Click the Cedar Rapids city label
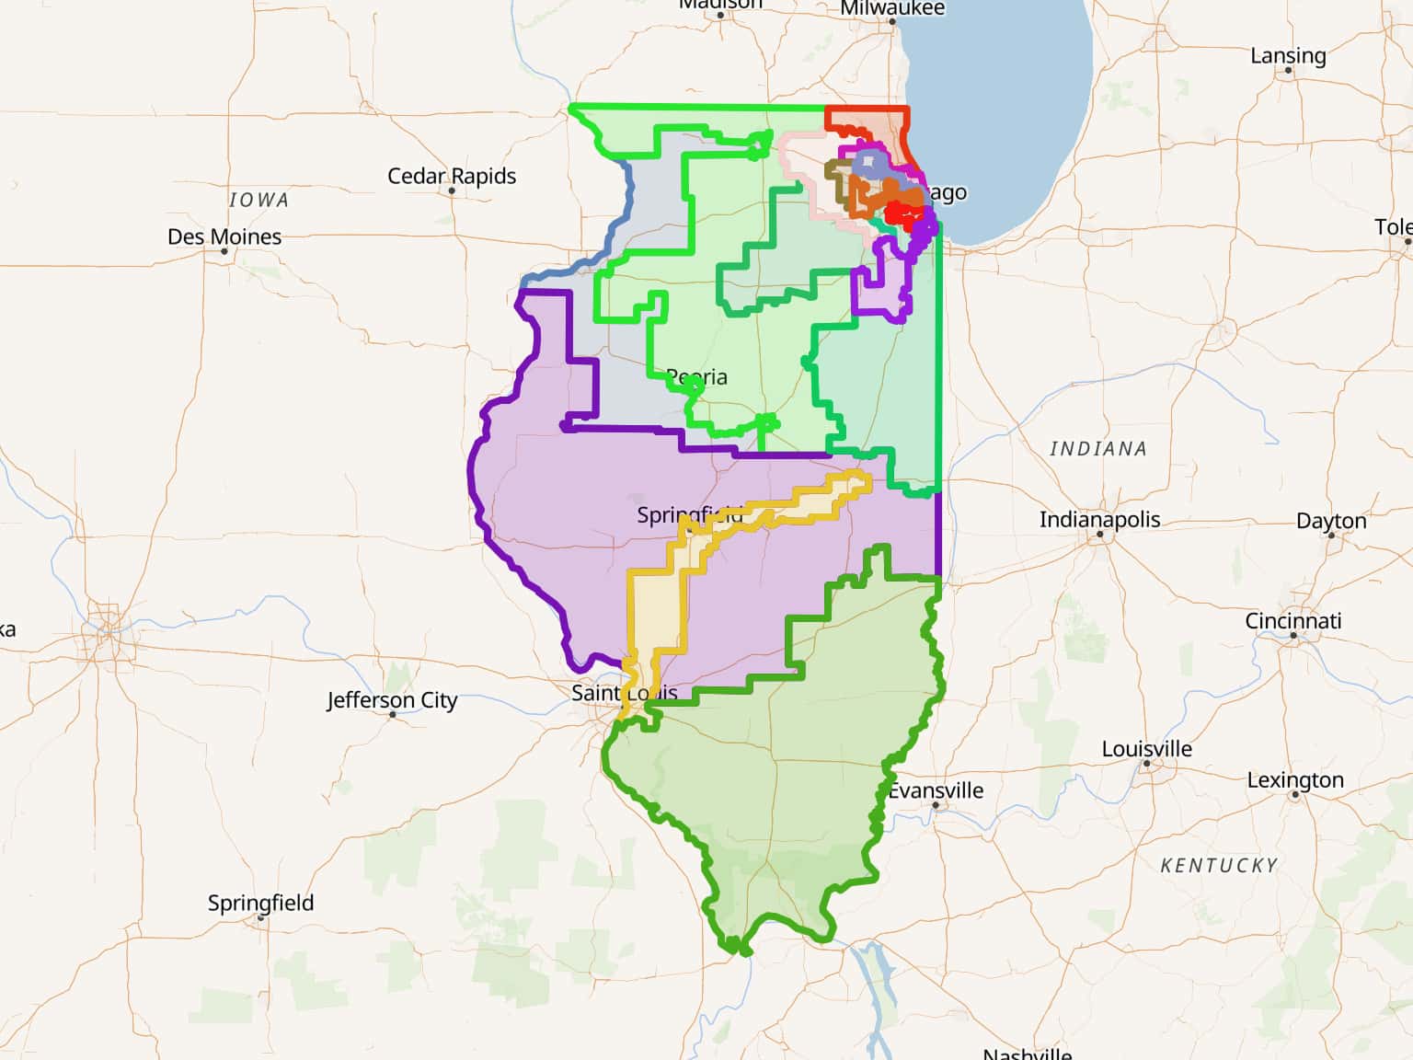point(451,176)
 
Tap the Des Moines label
point(224,236)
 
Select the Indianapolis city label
point(1099,519)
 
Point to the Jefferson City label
point(392,700)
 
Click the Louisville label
point(1146,749)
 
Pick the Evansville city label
point(936,790)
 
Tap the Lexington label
point(1294,780)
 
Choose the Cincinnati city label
point(1292,621)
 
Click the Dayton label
point(1330,521)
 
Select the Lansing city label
point(1288,56)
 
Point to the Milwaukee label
point(891,8)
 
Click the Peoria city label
point(696,376)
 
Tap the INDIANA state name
point(1098,449)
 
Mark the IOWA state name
point(258,200)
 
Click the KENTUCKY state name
point(1219,866)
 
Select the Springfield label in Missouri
point(260,903)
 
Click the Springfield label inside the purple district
point(689,515)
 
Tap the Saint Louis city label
point(624,693)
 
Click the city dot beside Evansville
point(936,805)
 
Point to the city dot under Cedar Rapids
point(451,191)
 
